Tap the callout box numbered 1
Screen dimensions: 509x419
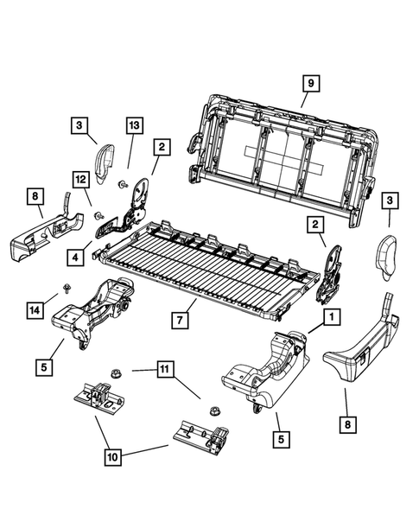coord(329,319)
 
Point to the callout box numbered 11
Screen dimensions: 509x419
coord(164,372)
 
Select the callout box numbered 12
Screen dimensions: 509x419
coord(81,179)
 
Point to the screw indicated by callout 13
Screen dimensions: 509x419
coord(123,183)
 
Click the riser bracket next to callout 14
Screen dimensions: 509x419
coord(91,315)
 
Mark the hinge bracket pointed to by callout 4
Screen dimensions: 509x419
coord(128,220)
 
